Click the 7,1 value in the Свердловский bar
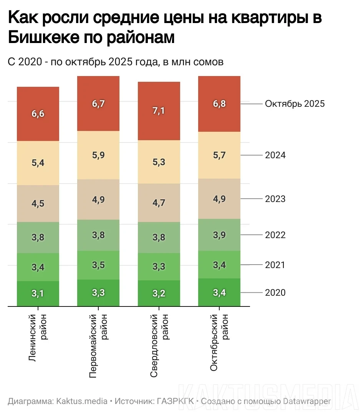pyautogui.click(x=159, y=111)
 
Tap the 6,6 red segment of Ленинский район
pyautogui.click(x=38, y=114)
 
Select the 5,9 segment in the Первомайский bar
pyautogui.click(x=98, y=155)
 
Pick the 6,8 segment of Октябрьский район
pyautogui.click(x=219, y=104)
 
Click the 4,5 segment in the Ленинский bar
pyautogui.click(x=38, y=204)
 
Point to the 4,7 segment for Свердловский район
pyautogui.click(x=159, y=203)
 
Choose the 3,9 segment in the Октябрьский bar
pyautogui.click(x=219, y=235)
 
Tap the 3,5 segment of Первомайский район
pyautogui.click(x=98, y=265)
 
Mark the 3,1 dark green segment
pyautogui.click(x=38, y=294)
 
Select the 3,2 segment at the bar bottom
pyautogui.click(x=159, y=294)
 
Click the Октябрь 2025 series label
pyautogui.click(x=295, y=104)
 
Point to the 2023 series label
pyautogui.click(x=275, y=199)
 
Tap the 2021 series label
pyautogui.click(x=275, y=265)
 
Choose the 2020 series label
pyautogui.click(x=275, y=293)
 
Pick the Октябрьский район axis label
pyautogui.click(x=219, y=343)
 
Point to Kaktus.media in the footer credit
pyautogui.click(x=82, y=401)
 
